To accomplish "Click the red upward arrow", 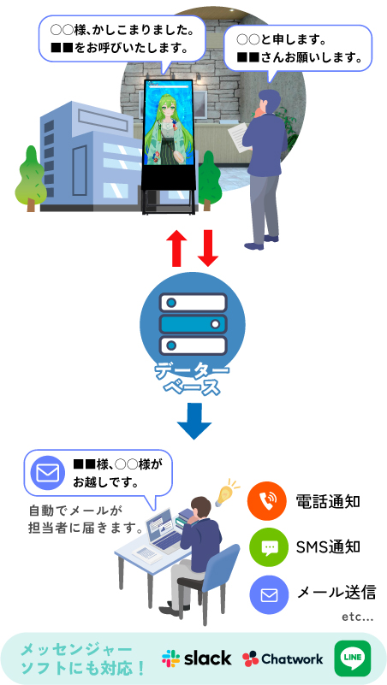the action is click(176, 246).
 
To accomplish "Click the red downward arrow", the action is click(208, 246).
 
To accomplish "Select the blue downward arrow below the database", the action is click(194, 421).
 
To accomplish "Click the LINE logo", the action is click(353, 658).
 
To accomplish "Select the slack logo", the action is click(196, 658).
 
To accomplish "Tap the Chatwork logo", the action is click(283, 658).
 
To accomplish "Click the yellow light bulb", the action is click(227, 492).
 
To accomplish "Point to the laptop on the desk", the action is click(164, 529).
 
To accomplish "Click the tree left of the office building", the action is click(30, 179).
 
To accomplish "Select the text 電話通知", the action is click(328, 501).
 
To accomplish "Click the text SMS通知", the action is click(328, 546).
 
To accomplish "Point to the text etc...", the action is click(357, 617).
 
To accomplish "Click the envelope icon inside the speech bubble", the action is click(48, 474).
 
